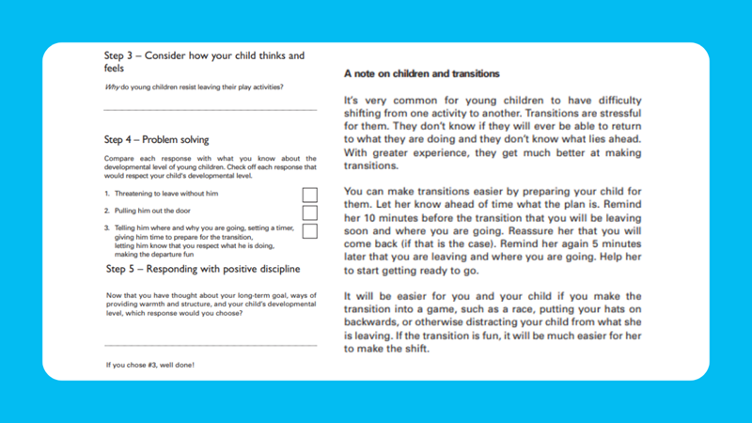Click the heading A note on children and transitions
[422, 73]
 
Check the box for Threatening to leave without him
[309, 195]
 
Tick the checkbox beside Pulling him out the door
[309, 212]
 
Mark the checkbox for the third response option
[309, 230]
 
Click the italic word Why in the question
[111, 88]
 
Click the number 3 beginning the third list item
[107, 228]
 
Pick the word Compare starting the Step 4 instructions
[119, 157]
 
